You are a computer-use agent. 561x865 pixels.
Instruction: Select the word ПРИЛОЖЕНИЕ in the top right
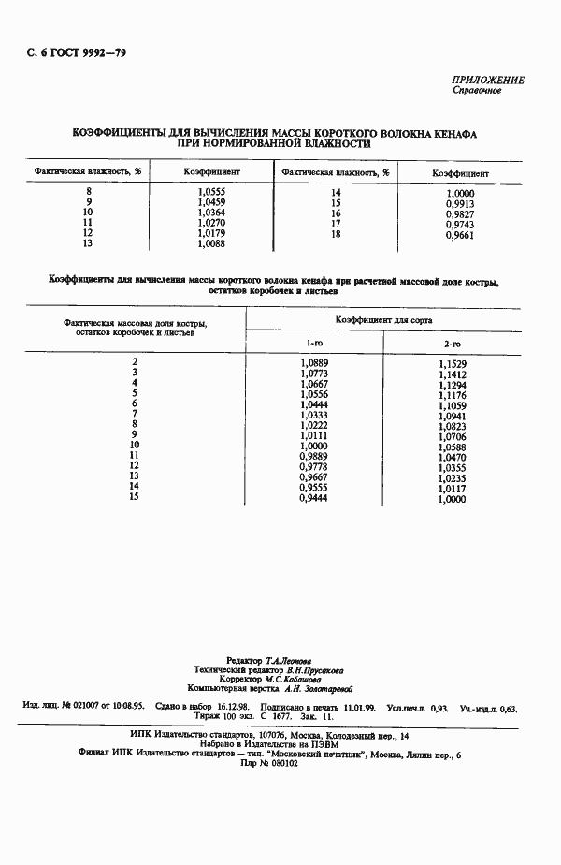click(489, 80)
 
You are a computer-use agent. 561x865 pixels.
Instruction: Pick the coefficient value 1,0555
click(212, 191)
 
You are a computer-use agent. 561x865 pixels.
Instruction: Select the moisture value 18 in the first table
click(336, 236)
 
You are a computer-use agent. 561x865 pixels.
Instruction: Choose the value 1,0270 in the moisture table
click(212, 225)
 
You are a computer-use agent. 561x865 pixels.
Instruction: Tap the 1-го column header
click(314, 345)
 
